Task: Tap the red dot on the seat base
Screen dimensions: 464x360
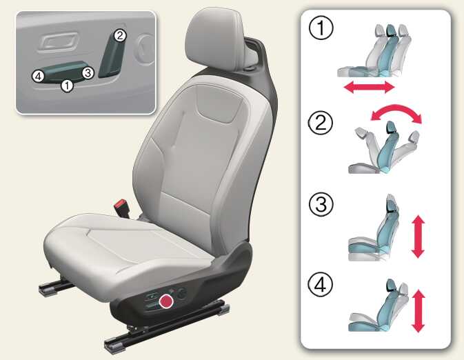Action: click(166, 301)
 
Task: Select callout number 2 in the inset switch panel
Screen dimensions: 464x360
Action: click(119, 36)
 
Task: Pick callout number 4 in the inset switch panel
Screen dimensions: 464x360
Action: click(38, 76)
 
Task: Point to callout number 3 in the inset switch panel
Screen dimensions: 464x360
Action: click(88, 72)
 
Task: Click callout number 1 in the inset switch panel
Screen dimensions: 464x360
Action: click(67, 86)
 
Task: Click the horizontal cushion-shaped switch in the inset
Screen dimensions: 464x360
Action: click(63, 72)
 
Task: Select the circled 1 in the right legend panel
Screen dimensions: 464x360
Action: click(321, 28)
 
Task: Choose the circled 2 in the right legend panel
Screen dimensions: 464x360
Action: click(321, 123)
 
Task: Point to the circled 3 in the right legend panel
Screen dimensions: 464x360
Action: click(321, 205)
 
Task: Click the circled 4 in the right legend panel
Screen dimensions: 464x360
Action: click(321, 285)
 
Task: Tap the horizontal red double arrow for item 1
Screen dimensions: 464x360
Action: click(369, 88)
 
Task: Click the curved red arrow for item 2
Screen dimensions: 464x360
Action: click(396, 109)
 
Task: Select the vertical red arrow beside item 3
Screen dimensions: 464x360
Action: click(418, 237)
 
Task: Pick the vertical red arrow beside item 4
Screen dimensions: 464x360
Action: click(418, 311)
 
